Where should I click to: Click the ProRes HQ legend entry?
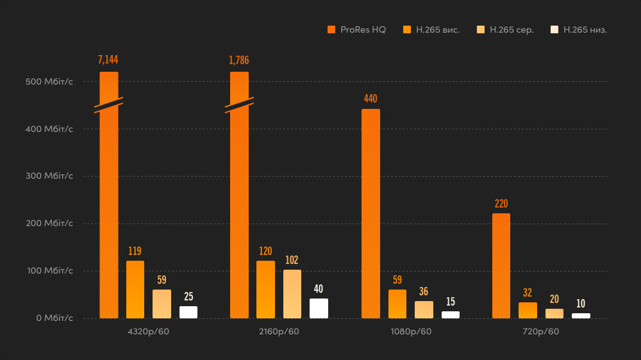pyautogui.click(x=357, y=29)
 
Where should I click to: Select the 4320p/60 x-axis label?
pyautogui.click(x=149, y=332)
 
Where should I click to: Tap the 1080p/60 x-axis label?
pyautogui.click(x=411, y=332)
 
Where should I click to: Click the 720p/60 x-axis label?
pyautogui.click(x=541, y=332)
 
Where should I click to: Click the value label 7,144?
pyautogui.click(x=108, y=60)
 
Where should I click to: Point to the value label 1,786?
pyautogui.click(x=239, y=60)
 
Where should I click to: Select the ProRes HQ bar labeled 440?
pyautogui.click(x=370, y=213)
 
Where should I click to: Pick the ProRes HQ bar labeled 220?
pyautogui.click(x=501, y=266)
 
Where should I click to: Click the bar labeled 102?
pyautogui.click(x=292, y=294)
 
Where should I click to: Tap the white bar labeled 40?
pyautogui.click(x=319, y=308)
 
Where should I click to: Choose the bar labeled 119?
pyautogui.click(x=135, y=290)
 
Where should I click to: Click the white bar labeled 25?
pyautogui.click(x=188, y=312)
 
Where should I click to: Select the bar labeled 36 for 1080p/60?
pyautogui.click(x=424, y=309)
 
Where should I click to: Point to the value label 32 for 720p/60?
pyautogui.click(x=528, y=293)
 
